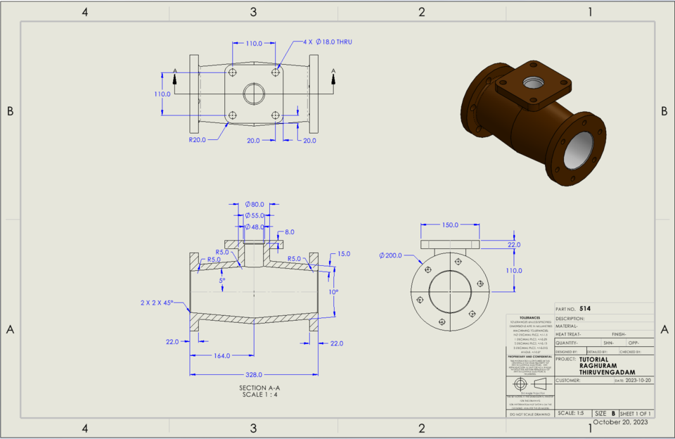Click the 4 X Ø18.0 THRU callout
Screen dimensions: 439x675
[x=328, y=42]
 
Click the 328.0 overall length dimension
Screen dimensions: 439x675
[x=253, y=374]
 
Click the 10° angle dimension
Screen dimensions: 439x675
[x=333, y=291]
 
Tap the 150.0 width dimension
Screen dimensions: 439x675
[x=450, y=225]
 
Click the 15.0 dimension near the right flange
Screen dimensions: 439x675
[x=344, y=254]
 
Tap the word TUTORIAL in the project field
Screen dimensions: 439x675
[x=595, y=358]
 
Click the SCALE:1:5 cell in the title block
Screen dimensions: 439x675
[x=570, y=413]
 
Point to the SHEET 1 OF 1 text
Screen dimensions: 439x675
[x=636, y=413]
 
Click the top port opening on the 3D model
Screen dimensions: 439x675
[x=532, y=80]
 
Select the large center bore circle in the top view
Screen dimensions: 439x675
[x=253, y=94]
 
